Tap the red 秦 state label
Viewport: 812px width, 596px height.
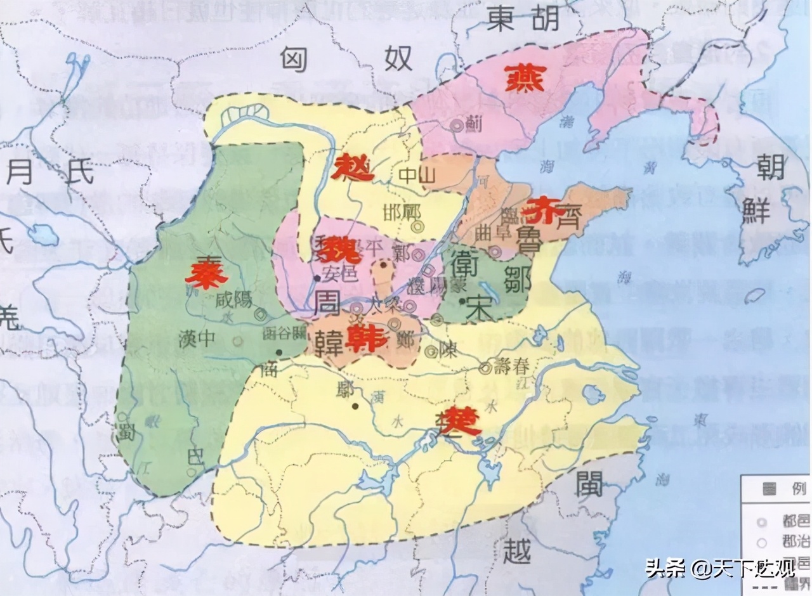(x=206, y=274)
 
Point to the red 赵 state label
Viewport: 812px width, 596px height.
(x=353, y=169)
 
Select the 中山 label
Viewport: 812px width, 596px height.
(x=416, y=179)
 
